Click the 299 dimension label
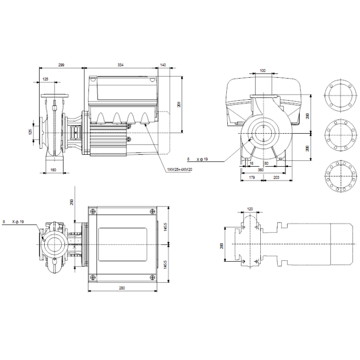(x=61, y=65)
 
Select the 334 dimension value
(x=121, y=65)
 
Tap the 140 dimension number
(x=163, y=65)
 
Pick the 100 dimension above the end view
(x=262, y=70)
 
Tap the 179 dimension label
(x=251, y=177)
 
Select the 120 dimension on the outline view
(x=250, y=209)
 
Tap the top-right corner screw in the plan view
(x=151, y=211)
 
